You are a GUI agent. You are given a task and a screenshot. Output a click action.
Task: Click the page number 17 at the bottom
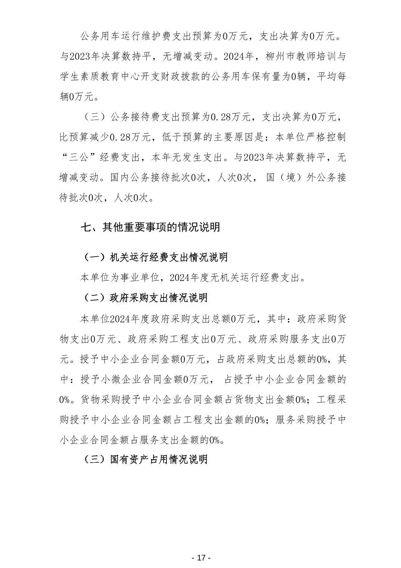(x=201, y=558)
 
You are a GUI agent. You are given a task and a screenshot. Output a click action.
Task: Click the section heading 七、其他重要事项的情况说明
(x=150, y=227)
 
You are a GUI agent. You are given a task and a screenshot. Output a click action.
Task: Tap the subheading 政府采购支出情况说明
(x=159, y=298)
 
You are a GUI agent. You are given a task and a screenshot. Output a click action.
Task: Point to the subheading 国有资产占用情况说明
(x=159, y=459)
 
